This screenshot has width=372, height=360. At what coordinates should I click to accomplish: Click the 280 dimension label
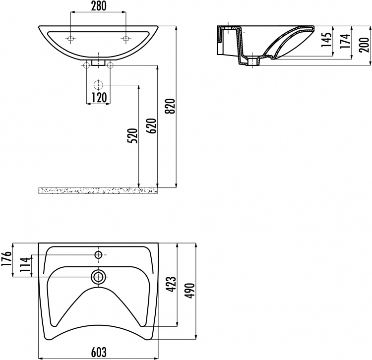[x=99, y=6]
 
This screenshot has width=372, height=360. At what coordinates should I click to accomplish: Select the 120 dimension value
[x=99, y=98]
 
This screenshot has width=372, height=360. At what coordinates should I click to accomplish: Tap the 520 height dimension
[x=132, y=136]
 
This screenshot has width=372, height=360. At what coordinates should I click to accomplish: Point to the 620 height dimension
[x=152, y=126]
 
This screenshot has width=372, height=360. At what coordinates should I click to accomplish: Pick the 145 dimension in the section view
[x=327, y=39]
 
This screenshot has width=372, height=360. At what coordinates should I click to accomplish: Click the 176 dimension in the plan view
[x=6, y=259]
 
